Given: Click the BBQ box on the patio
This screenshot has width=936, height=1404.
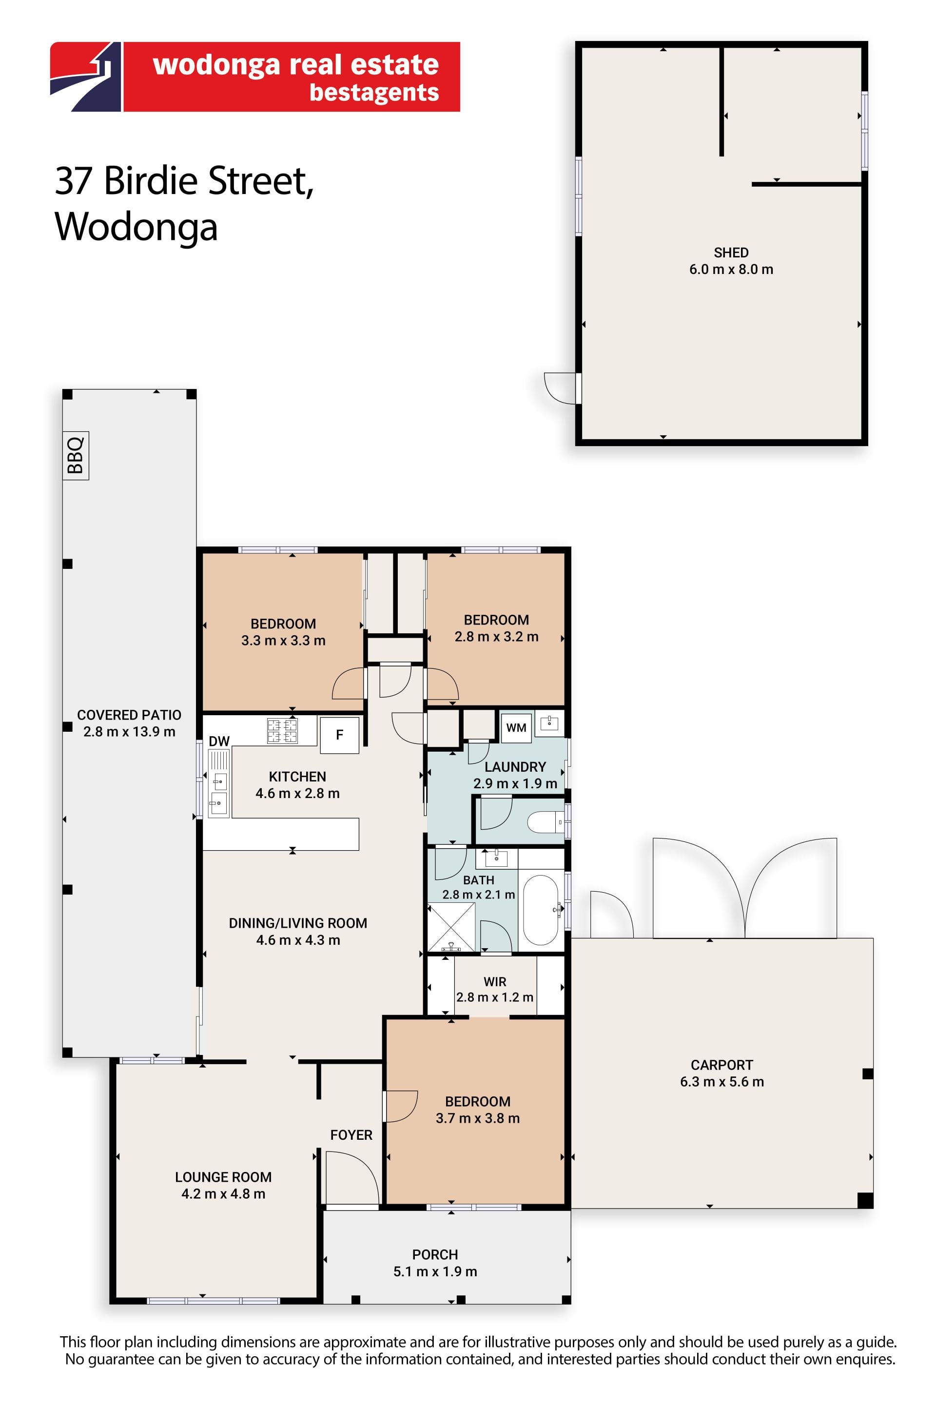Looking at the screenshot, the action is pyautogui.click(x=76, y=455).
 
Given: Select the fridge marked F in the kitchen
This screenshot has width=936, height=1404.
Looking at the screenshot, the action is pyautogui.click(x=340, y=735).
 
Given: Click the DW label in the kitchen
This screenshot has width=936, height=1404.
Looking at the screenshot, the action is pyautogui.click(x=219, y=741).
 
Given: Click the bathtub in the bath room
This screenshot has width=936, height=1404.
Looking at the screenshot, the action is pyautogui.click(x=541, y=910).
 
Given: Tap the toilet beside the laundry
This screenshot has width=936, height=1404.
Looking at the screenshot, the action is pyautogui.click(x=546, y=822).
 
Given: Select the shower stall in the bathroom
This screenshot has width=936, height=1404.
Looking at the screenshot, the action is pyautogui.click(x=451, y=927).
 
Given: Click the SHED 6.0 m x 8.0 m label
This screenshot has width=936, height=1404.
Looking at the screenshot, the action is pyautogui.click(x=731, y=261).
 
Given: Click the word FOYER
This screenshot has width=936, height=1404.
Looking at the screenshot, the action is pyautogui.click(x=351, y=1135).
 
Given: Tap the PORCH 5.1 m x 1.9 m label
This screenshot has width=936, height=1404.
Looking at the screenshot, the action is pyautogui.click(x=435, y=1263).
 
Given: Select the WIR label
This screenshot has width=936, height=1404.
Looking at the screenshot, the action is pyautogui.click(x=495, y=982).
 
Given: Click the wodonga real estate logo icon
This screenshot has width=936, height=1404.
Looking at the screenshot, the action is pyautogui.click(x=85, y=77).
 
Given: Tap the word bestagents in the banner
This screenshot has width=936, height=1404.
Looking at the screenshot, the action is pyautogui.click(x=374, y=93).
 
